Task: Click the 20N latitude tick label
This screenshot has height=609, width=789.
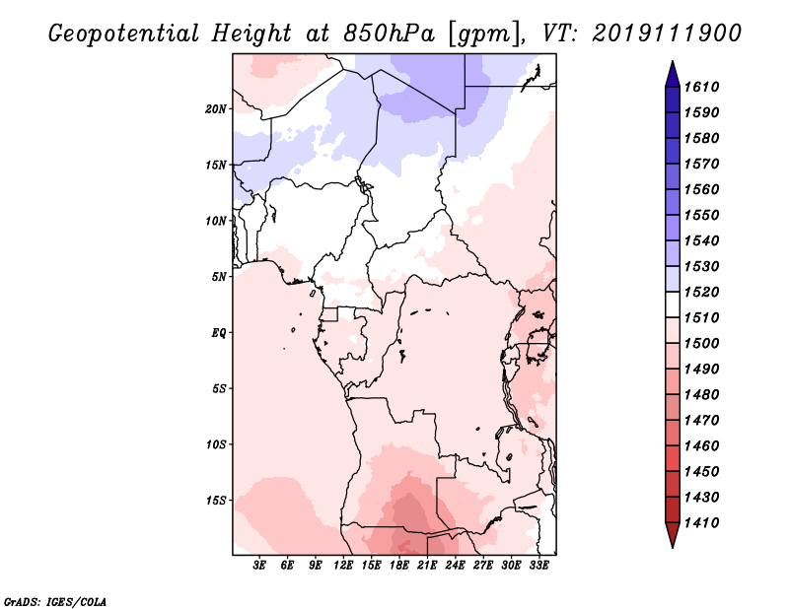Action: [x=216, y=108]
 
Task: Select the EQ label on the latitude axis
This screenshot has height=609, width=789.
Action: [x=219, y=333]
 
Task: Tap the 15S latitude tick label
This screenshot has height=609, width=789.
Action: [x=216, y=501]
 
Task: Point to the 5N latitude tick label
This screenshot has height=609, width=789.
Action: [x=219, y=277]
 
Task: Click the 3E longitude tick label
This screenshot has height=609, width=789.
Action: [x=259, y=566]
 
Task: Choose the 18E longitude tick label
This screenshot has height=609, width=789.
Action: [x=399, y=566]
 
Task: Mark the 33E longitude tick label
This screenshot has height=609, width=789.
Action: [x=538, y=566]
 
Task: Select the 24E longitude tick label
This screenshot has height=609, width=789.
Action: [x=455, y=566]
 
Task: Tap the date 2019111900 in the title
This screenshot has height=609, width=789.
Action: [x=667, y=33]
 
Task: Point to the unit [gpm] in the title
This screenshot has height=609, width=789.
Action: [x=485, y=33]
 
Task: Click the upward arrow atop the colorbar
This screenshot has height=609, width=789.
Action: [x=672, y=71]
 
